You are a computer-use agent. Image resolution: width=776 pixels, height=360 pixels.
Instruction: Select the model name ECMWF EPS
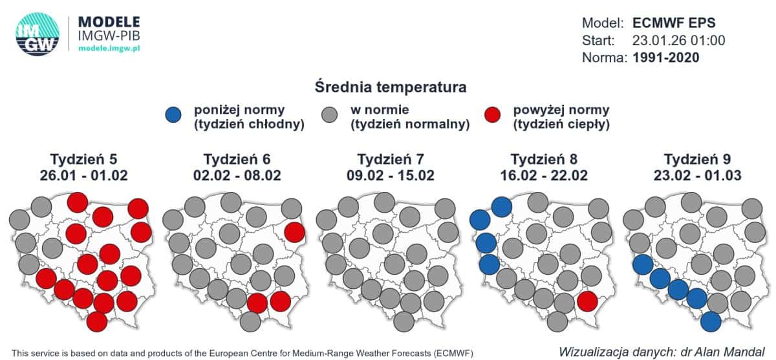pyautogui.click(x=673, y=23)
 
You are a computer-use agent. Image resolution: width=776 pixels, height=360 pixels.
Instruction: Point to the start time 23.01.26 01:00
pyautogui.click(x=678, y=40)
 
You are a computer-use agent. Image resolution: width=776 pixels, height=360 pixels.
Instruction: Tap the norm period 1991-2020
pyautogui.click(x=667, y=58)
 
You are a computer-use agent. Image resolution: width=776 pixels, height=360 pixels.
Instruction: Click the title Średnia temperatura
pyautogui.click(x=391, y=86)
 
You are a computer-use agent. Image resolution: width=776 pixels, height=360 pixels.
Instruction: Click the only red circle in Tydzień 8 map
pyautogui.click(x=587, y=301)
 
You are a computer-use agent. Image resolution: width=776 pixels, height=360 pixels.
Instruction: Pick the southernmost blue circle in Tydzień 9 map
pyautogui.click(x=711, y=321)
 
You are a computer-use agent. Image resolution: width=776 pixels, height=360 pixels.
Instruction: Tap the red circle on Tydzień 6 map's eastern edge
pyautogui.click(x=294, y=231)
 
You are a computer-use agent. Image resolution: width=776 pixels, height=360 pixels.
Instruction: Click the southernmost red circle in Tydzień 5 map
pyautogui.click(x=96, y=321)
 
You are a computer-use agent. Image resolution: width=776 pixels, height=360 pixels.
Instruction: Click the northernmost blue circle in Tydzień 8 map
pyautogui.click(x=502, y=207)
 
